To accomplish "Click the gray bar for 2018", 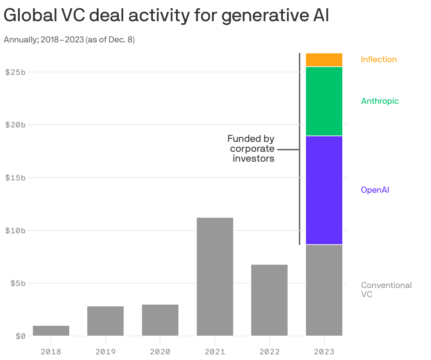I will coord(51,331).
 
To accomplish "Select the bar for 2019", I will coord(106,321).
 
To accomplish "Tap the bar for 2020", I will coord(160,320).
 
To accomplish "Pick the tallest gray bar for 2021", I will coord(215,277).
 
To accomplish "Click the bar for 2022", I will coord(269,300).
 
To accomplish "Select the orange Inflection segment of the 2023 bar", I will coord(324,60).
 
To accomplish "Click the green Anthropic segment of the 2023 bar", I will coord(324,101).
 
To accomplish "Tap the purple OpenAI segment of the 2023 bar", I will coord(324,190).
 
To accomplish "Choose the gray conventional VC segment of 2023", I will coord(324,290).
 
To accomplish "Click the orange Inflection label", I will coord(379,59).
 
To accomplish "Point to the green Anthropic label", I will coord(380,101).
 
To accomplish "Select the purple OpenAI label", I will coord(375,190).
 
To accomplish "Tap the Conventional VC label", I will coord(386,289).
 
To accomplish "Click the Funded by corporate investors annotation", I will coord(252,149).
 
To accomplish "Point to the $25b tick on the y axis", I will coord(16,72).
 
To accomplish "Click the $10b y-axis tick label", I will coord(16,231).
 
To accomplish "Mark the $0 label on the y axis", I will coord(20,336).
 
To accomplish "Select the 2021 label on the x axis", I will coord(215,352).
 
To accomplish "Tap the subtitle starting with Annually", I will coord(69,40).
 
